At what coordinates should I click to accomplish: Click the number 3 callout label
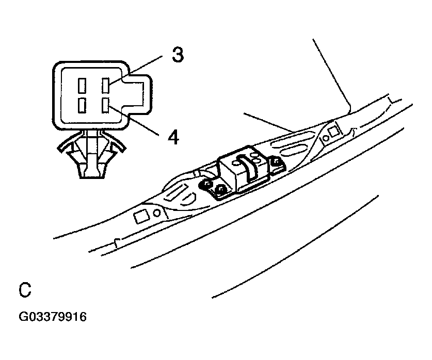click(177, 54)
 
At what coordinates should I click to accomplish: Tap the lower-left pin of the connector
click(82, 106)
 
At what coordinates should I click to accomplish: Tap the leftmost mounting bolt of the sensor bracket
click(207, 184)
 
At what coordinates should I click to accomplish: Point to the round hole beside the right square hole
click(325, 138)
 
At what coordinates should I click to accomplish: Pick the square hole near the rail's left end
click(140, 217)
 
